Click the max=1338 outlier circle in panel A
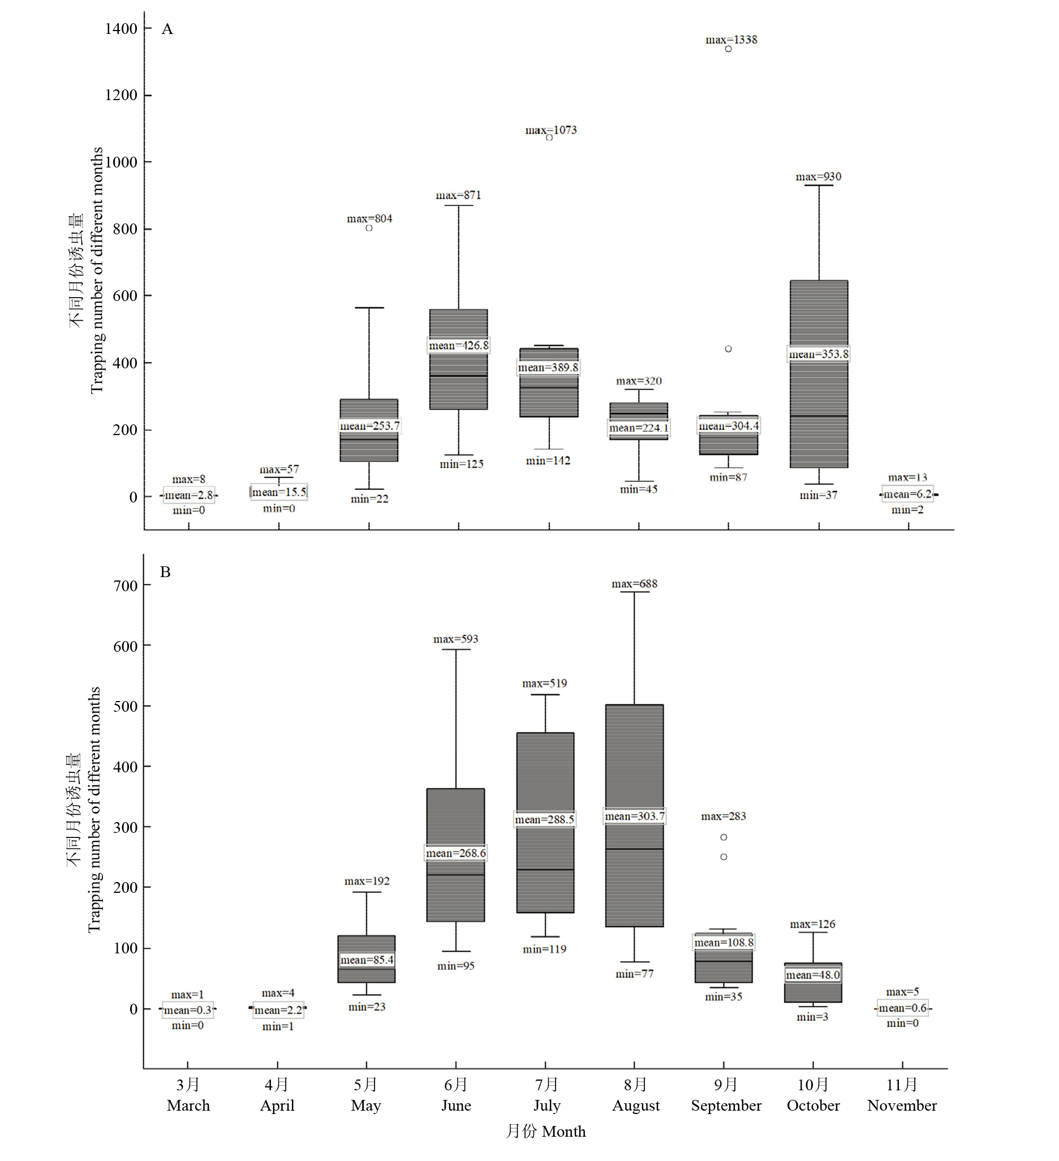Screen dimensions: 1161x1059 [x=728, y=49]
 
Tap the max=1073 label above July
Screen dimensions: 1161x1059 [x=550, y=130]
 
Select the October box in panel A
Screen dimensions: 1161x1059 [x=818, y=375]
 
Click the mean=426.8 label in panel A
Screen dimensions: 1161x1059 [x=458, y=346]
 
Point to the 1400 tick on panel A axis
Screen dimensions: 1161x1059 [x=121, y=29]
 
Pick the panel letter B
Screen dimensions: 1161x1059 [x=165, y=572]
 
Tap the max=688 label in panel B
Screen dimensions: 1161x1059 [x=634, y=584]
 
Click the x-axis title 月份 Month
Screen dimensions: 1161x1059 [x=545, y=1132]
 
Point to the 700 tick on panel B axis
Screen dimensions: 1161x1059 [x=126, y=586]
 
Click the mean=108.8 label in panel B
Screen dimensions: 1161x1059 [x=724, y=942]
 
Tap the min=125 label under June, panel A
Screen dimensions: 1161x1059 [x=461, y=464]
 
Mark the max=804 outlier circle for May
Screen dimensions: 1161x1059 [x=369, y=228]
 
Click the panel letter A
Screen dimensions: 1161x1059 [x=167, y=29]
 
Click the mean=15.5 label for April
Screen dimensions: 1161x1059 [x=279, y=492]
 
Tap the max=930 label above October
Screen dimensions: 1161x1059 [x=818, y=177]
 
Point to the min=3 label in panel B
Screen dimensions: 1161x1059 [x=812, y=1017]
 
